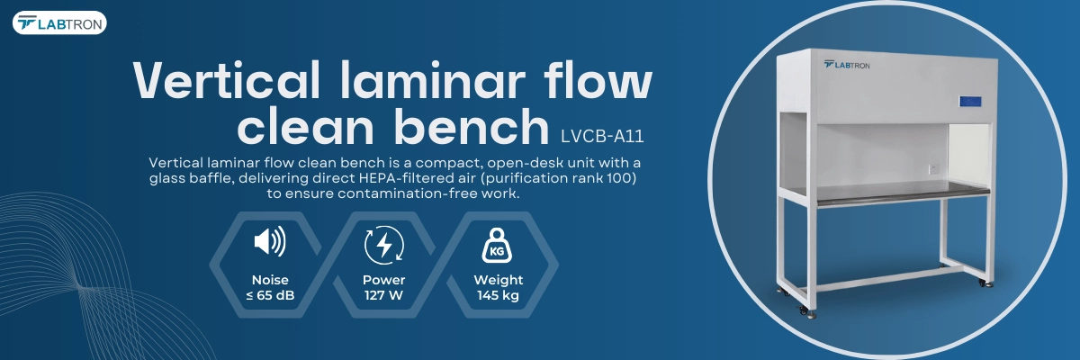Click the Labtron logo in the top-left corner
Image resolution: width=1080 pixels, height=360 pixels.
pyautogui.click(x=59, y=23)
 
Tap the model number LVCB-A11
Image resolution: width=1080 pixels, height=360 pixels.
pyautogui.click(x=602, y=137)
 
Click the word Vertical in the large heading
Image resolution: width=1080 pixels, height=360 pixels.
pyautogui.click(x=227, y=80)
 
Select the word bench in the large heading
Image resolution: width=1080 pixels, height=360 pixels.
pyautogui.click(x=472, y=126)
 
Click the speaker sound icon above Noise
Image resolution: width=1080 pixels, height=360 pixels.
pyautogui.click(x=270, y=241)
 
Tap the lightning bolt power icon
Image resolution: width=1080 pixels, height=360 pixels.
pyautogui.click(x=384, y=245)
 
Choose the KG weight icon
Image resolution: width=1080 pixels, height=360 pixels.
pyautogui.click(x=497, y=246)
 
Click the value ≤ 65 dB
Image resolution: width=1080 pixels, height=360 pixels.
pyautogui.click(x=270, y=295)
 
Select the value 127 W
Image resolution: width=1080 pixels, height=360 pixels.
pyautogui.click(x=383, y=295)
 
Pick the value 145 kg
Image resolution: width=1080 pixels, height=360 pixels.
pyautogui.click(x=498, y=295)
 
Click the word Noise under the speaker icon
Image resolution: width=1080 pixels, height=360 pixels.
pyautogui.click(x=270, y=280)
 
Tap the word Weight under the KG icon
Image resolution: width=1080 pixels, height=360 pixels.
pyautogui.click(x=498, y=280)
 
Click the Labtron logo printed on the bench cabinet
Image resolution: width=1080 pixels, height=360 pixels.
pyautogui.click(x=847, y=65)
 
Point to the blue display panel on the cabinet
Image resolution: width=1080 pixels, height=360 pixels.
pyautogui.click(x=971, y=103)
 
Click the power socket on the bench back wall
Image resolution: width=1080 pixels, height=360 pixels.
pyautogui.click(x=933, y=168)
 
